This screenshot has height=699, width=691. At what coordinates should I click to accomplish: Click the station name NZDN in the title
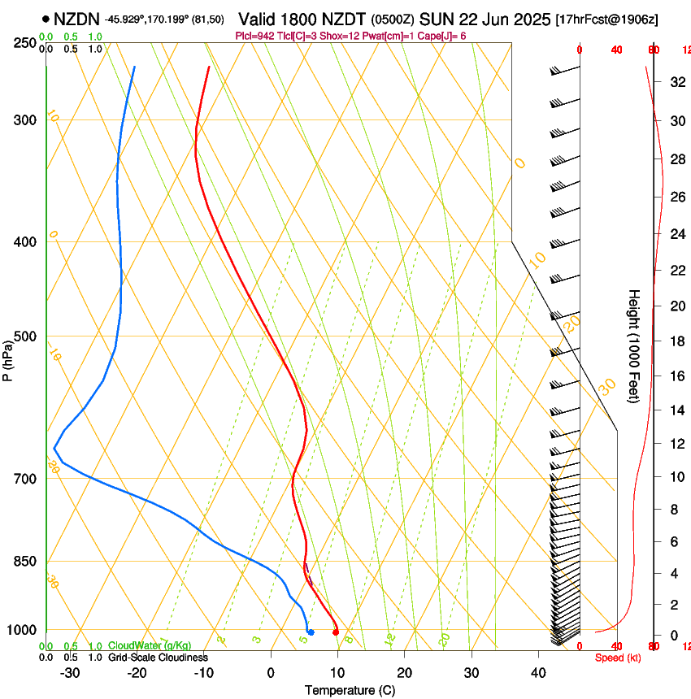coord(76,19)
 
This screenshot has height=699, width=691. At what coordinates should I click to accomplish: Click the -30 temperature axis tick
coord(70,672)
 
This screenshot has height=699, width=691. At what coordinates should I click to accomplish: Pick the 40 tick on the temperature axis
coord(538,672)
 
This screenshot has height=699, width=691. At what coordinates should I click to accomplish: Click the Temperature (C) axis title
coord(350,690)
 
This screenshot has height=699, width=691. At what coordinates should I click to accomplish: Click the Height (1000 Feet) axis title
coord(634,345)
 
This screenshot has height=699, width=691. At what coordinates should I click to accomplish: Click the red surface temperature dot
coord(336,632)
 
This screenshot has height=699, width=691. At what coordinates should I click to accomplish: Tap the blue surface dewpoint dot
coord(311,632)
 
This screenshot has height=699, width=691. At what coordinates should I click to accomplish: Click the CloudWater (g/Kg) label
coord(150,646)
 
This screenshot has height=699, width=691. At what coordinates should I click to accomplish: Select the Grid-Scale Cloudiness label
coord(158,658)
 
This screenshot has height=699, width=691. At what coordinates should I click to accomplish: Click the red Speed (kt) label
coord(618,658)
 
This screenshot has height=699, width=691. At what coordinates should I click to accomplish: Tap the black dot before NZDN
coord(46,19)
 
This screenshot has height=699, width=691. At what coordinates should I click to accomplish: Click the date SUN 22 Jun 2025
coord(485,19)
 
